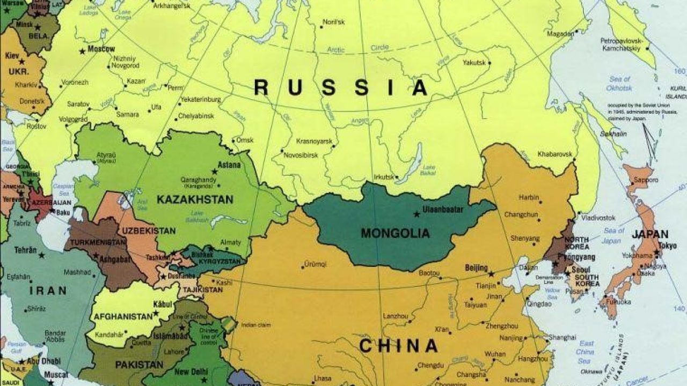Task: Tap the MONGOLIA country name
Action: tap(395, 233)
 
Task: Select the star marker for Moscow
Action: tap(82, 51)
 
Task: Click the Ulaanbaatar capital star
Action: tap(416, 214)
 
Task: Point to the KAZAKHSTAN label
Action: tap(195, 199)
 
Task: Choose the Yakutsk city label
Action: tap(474, 63)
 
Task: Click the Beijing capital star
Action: tap(491, 274)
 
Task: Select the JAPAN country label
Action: tap(649, 234)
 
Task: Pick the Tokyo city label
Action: tap(667, 246)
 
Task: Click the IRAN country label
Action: tap(48, 291)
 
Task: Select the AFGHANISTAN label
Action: tap(123, 316)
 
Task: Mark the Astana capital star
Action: tap(215, 171)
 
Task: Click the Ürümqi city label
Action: tap(316, 264)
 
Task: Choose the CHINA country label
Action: tap(398, 346)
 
